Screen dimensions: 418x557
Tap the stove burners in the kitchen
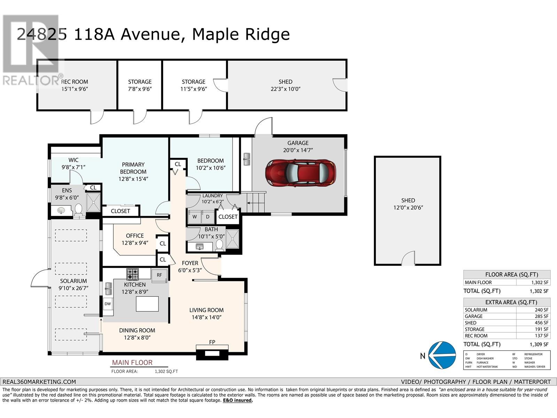132,274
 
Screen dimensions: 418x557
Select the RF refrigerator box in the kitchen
159,275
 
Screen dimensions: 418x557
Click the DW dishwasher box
108,304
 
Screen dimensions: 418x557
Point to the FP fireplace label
212,342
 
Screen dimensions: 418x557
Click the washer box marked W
195,217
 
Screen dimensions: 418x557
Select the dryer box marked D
208,217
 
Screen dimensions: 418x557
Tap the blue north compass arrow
442,355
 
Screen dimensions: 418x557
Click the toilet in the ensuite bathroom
78,209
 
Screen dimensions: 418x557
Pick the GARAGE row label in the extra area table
474,316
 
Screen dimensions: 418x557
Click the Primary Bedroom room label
133,168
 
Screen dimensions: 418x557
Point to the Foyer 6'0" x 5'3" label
190,266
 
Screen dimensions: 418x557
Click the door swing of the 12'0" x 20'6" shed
408,260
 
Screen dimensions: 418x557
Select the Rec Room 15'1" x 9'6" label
74,85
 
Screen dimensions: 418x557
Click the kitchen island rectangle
147,304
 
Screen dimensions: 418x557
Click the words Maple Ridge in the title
241,34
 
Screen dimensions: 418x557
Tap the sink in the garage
247,159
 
